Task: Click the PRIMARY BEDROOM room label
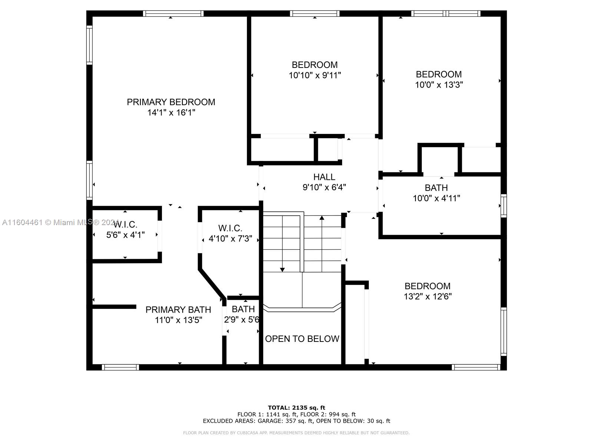pos(171,102)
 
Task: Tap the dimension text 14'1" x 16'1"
pos(171,112)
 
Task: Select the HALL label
pos(324,177)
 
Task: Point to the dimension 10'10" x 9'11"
pos(315,75)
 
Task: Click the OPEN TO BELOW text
pos(302,339)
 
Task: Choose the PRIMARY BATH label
pos(178,309)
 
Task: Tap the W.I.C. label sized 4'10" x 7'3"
pos(230,228)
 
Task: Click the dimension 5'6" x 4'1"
pos(125,235)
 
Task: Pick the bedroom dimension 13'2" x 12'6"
pos(427,296)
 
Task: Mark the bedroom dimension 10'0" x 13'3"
pos(439,85)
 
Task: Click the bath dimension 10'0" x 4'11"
pos(436,198)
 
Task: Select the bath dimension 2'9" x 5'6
pos(242,320)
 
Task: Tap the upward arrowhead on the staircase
pos(322,218)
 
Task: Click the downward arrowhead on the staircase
pos(282,270)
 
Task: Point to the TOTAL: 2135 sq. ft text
pos(296,408)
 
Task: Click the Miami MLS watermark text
pos(60,222)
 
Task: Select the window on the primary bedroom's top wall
pos(173,13)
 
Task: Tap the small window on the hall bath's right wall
pos(504,205)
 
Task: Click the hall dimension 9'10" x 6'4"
pos(324,187)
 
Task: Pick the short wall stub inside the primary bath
pos(114,307)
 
